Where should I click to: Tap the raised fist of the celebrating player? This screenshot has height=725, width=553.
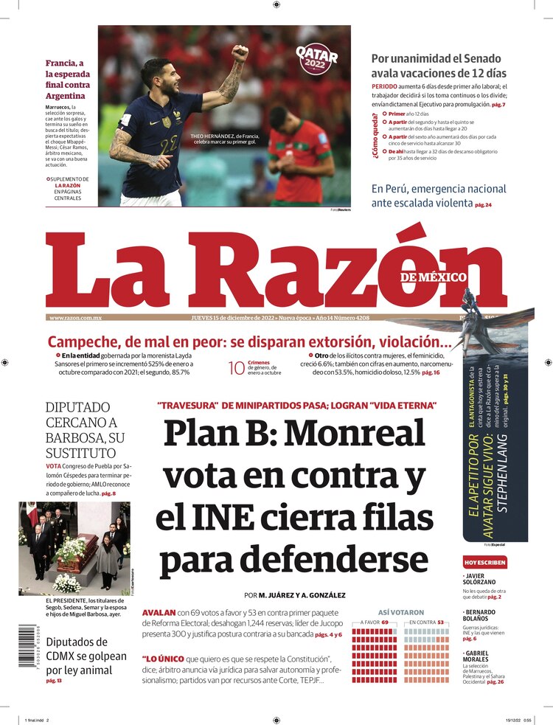(x=240, y=53)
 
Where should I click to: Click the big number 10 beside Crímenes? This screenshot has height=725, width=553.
(x=236, y=368)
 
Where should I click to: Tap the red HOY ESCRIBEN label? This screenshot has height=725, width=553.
(x=484, y=562)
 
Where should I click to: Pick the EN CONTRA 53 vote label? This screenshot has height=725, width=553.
(x=427, y=622)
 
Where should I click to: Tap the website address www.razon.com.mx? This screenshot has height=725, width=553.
(x=75, y=318)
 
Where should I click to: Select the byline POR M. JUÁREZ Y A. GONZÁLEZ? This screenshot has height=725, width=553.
(x=295, y=595)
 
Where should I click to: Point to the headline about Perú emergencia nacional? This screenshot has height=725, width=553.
(x=439, y=195)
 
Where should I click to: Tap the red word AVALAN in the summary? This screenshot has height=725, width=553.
(x=159, y=613)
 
